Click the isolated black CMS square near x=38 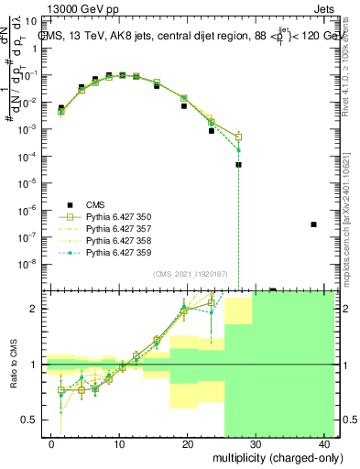click(x=313, y=224)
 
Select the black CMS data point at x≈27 click(x=238, y=165)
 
